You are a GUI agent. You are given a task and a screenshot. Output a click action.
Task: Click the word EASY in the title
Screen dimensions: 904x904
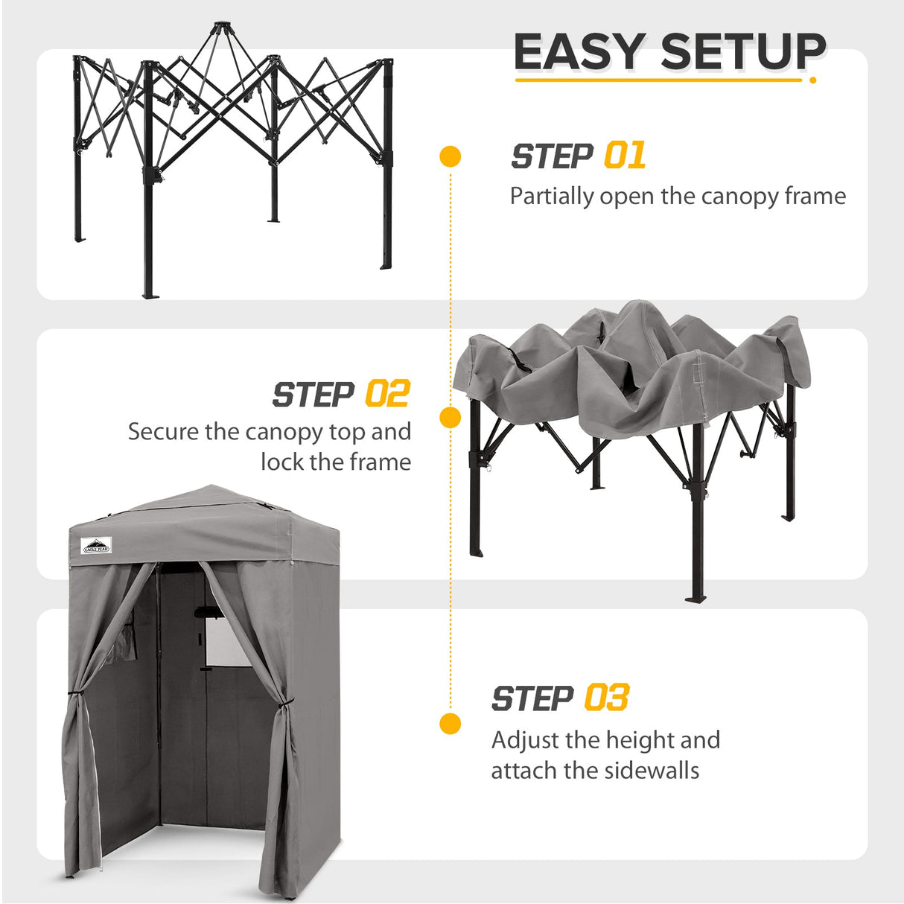(579, 52)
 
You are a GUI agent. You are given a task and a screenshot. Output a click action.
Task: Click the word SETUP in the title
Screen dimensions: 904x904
(743, 52)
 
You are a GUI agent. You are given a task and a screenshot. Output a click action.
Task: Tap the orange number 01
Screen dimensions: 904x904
(624, 156)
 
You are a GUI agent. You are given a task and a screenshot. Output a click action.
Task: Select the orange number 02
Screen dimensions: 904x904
(387, 395)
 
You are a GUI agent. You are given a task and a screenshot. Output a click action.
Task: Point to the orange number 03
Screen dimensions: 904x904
(606, 698)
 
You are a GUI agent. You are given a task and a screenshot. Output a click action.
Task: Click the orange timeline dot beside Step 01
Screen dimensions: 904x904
(451, 156)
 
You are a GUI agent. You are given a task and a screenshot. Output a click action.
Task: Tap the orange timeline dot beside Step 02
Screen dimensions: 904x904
(451, 418)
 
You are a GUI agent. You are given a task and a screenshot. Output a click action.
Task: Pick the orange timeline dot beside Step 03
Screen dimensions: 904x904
(451, 723)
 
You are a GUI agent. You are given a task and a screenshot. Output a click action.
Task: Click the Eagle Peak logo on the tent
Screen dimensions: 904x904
(96, 546)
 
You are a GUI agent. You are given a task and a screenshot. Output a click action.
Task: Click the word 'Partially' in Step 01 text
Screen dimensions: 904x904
(552, 197)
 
